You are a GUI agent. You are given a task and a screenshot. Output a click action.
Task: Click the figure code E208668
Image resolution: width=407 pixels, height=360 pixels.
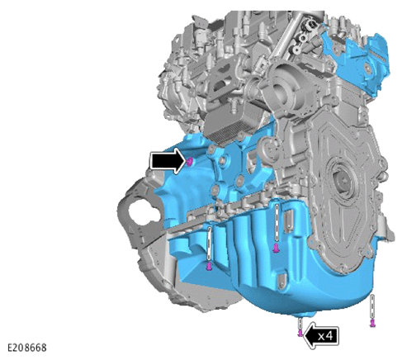[x=26, y=348]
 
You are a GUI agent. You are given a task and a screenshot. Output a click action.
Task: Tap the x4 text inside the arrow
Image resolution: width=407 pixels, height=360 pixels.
[x=325, y=336]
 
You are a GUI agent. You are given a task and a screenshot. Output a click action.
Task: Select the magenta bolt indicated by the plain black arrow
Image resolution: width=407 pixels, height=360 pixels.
[x=189, y=162]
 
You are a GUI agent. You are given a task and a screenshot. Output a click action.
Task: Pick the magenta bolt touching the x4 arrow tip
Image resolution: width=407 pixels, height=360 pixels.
[x=301, y=333]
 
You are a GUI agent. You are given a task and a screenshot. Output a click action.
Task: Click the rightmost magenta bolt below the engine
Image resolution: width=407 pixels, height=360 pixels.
[x=373, y=323]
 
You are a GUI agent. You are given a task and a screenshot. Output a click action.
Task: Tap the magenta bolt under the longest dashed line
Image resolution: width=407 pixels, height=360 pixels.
[x=276, y=249]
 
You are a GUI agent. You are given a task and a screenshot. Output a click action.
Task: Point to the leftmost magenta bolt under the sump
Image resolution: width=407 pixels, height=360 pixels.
[x=209, y=267]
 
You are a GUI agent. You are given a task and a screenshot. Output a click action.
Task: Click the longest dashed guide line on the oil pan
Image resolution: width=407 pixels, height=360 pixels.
[x=277, y=223]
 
